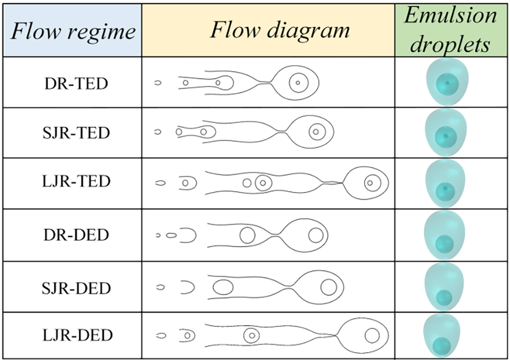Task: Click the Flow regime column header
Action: (73, 32)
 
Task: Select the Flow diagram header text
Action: (279, 29)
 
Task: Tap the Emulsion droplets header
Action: (451, 29)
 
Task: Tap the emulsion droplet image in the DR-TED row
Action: (446, 81)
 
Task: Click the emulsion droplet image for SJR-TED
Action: (446, 132)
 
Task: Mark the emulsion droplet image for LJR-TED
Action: (446, 183)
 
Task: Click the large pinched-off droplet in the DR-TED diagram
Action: (296, 82)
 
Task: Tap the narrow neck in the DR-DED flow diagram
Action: (278, 235)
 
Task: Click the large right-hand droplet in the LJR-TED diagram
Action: (367, 183)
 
